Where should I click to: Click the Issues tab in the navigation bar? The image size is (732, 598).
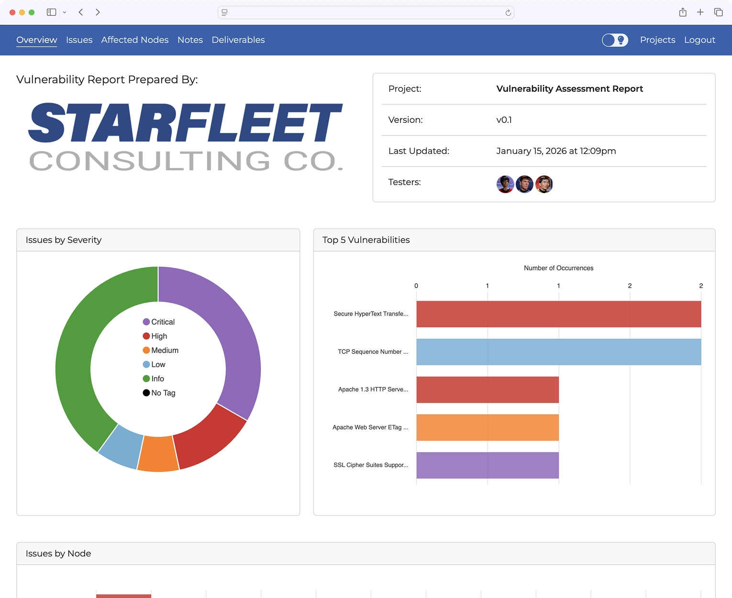click(79, 40)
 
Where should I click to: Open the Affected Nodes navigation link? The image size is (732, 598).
click(134, 40)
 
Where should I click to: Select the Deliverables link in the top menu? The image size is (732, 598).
click(238, 40)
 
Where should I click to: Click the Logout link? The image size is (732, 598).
click(699, 40)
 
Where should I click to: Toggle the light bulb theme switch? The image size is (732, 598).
click(615, 40)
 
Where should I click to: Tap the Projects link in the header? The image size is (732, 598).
click(657, 40)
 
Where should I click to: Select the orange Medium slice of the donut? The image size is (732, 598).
click(158, 454)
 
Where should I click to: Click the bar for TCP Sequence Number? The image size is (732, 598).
click(558, 352)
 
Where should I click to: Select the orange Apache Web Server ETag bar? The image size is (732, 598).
click(487, 427)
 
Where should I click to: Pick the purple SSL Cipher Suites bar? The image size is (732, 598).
click(487, 465)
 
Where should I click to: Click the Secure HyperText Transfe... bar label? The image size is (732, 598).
click(371, 314)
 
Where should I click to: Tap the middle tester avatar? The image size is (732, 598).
click(524, 184)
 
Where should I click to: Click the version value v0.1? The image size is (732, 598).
click(504, 120)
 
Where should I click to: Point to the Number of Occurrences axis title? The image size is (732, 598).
click(558, 268)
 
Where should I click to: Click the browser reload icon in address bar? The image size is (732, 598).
click(508, 13)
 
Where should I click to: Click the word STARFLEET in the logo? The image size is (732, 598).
click(185, 123)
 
